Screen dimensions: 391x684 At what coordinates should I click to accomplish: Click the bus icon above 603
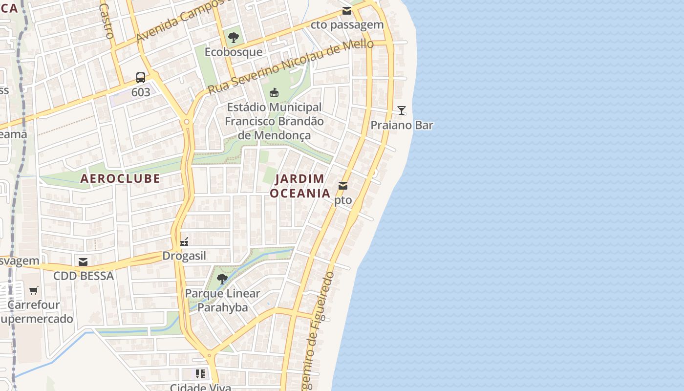[141, 77]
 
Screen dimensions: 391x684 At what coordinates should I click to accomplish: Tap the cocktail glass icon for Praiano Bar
[402, 110]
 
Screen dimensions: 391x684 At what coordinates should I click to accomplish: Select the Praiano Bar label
[402, 125]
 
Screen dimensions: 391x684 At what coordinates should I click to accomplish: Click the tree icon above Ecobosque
[234, 37]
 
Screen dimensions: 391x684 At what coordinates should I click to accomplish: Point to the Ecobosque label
[234, 52]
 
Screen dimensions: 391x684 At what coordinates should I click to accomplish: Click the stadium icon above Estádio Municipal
[274, 92]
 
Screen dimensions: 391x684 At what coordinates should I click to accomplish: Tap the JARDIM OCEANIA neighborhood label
[300, 186]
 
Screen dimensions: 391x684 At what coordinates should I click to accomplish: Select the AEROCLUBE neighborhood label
[120, 178]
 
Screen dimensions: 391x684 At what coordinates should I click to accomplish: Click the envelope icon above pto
[343, 186]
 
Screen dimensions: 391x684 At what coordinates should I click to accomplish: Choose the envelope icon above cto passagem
[347, 11]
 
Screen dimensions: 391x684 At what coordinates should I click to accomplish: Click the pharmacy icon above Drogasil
[184, 241]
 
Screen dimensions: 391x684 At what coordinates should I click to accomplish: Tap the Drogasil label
[184, 256]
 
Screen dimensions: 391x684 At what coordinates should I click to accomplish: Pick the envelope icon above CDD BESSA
[83, 262]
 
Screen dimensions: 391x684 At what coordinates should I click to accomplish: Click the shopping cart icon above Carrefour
[34, 291]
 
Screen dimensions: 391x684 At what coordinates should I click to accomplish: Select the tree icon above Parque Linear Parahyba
[222, 279]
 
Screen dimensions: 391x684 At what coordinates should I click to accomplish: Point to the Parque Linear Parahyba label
[223, 301]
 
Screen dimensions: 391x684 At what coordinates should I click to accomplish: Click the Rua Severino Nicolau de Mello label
[291, 66]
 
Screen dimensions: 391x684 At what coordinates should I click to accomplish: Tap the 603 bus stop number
[141, 92]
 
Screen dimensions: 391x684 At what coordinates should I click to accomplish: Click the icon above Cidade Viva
[200, 374]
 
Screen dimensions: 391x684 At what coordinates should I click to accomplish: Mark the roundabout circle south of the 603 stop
[187, 122]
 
